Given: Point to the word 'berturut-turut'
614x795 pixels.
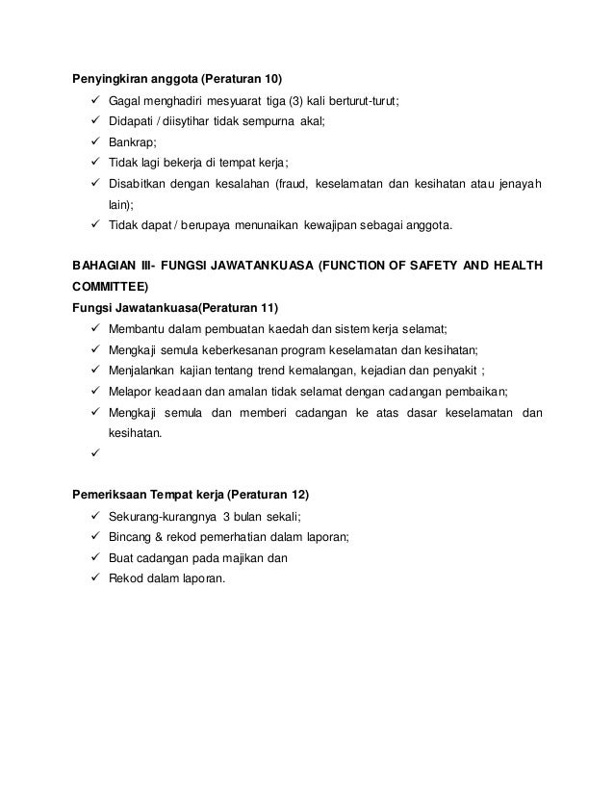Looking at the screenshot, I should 362,99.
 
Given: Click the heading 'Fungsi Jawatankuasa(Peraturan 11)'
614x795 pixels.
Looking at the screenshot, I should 176,307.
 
